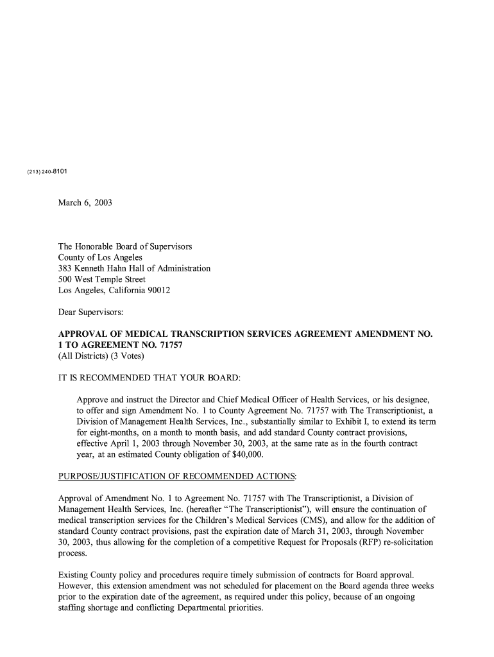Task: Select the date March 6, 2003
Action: click(85, 203)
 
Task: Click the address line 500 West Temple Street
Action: click(102, 280)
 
